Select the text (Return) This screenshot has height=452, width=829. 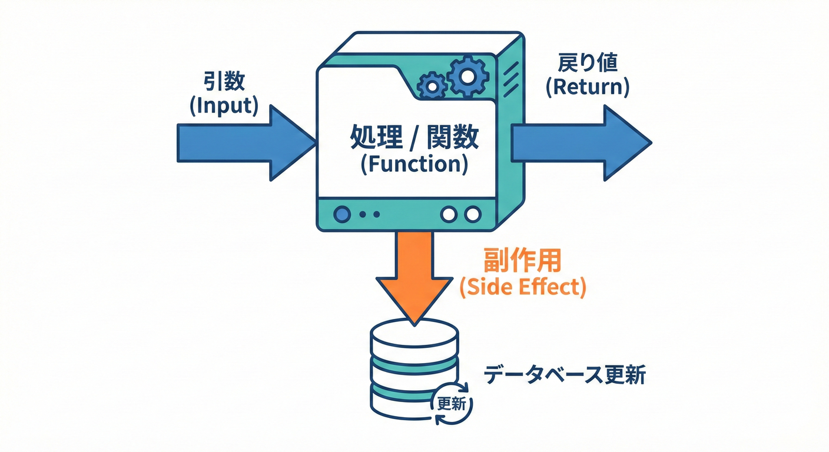pos(587,87)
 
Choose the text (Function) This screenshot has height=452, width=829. pos(414,164)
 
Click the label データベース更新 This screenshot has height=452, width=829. pos(564,375)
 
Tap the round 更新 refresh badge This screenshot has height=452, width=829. pos(452,404)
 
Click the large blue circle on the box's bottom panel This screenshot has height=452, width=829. pos(341,214)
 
